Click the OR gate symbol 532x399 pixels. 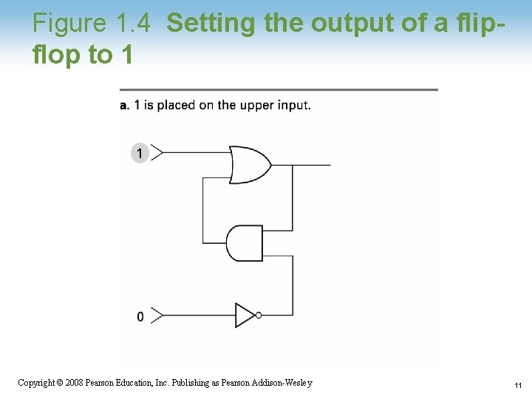tap(248, 165)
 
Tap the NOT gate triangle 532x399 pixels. tap(245, 316)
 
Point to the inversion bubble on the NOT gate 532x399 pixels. tap(258, 316)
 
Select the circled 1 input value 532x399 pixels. tap(140, 153)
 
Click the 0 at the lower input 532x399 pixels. tap(140, 316)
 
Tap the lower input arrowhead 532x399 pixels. tap(156, 316)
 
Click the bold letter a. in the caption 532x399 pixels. tap(125, 105)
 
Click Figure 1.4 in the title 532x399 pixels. tap(92, 24)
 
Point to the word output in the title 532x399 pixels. tap(347, 24)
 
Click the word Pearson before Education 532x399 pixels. tap(102, 383)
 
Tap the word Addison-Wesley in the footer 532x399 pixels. tap(283, 383)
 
